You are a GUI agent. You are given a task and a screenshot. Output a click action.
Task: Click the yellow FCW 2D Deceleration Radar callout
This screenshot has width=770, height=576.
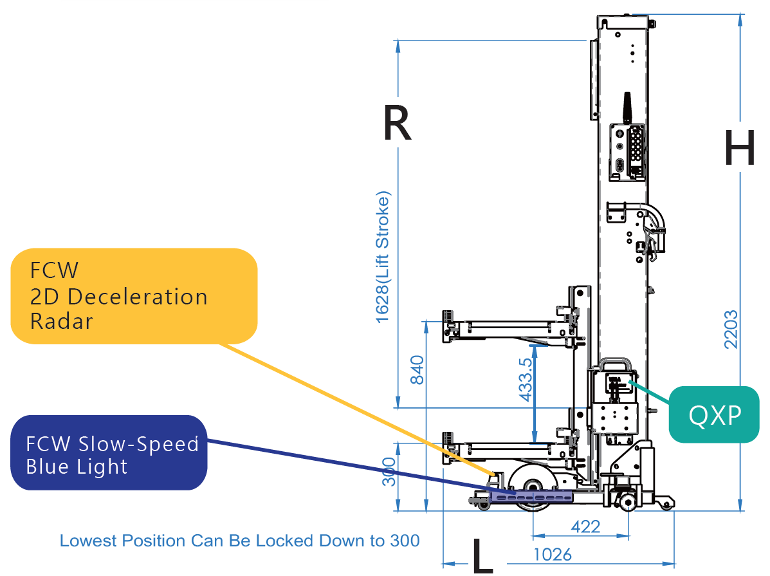tap(134, 296)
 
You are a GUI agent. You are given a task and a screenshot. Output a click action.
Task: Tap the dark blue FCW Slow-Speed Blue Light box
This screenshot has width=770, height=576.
tap(109, 452)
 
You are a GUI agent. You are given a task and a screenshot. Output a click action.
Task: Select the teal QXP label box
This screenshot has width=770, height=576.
tap(714, 414)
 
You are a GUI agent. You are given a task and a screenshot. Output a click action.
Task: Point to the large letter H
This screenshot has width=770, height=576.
tap(740, 147)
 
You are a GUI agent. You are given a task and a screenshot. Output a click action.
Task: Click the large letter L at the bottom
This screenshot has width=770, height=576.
tap(482, 556)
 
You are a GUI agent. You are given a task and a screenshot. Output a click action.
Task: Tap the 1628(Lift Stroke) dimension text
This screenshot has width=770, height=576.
tap(383, 257)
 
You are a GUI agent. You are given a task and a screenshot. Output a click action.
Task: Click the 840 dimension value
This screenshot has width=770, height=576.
tap(417, 370)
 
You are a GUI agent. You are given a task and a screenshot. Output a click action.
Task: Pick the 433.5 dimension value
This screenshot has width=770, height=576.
tap(526, 380)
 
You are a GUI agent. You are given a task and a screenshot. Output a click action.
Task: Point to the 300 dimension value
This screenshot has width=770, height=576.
tap(389, 472)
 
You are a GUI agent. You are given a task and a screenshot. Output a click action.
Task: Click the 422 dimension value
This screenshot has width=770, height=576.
tap(585, 527)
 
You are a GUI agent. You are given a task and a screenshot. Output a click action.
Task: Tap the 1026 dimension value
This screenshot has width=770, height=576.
tap(553, 555)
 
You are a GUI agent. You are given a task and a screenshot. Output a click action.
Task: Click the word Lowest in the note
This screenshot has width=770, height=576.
tap(88, 541)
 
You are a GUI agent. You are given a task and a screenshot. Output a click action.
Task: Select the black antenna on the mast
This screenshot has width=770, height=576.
tap(627, 107)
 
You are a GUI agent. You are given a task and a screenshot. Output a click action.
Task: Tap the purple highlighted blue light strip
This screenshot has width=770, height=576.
tap(531, 497)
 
